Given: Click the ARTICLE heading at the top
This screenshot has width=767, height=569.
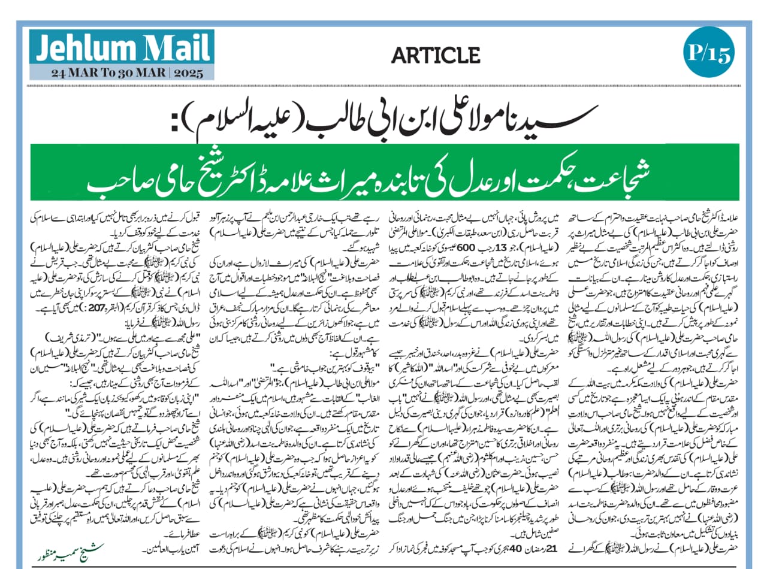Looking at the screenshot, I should coord(436,56).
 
